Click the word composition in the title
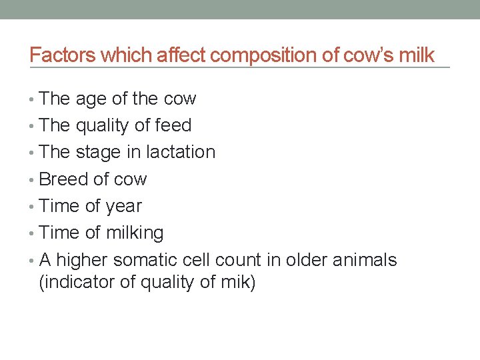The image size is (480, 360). click(254, 55)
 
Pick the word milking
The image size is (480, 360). click(138, 233)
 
